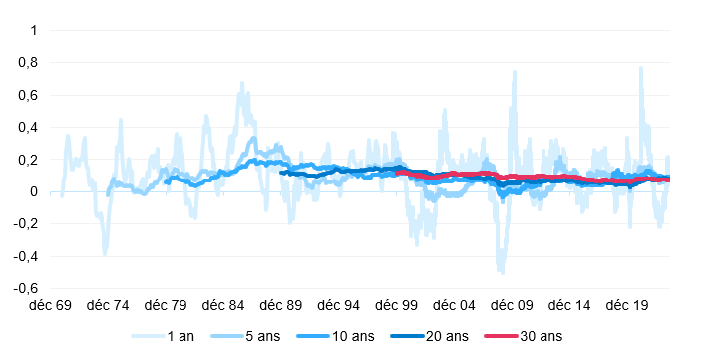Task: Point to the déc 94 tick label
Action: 336,305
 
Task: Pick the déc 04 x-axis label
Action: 451,305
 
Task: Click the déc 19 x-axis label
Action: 623,305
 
